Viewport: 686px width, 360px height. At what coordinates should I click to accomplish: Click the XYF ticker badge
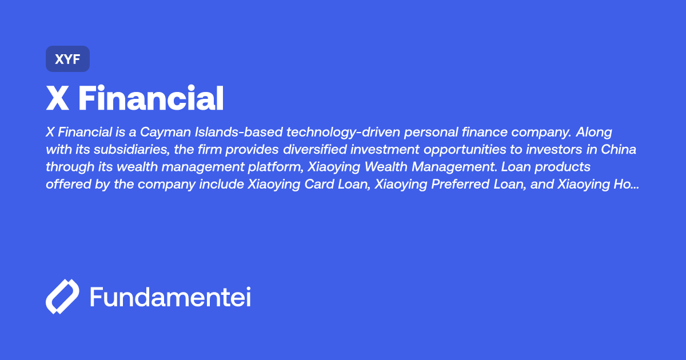point(67,59)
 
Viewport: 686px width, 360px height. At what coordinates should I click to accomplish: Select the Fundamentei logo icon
point(62,297)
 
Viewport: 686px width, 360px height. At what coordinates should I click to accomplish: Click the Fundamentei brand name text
point(170,297)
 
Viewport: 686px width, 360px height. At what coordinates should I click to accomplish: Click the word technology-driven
point(350,133)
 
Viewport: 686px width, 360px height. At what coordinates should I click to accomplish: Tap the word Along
point(594,133)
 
